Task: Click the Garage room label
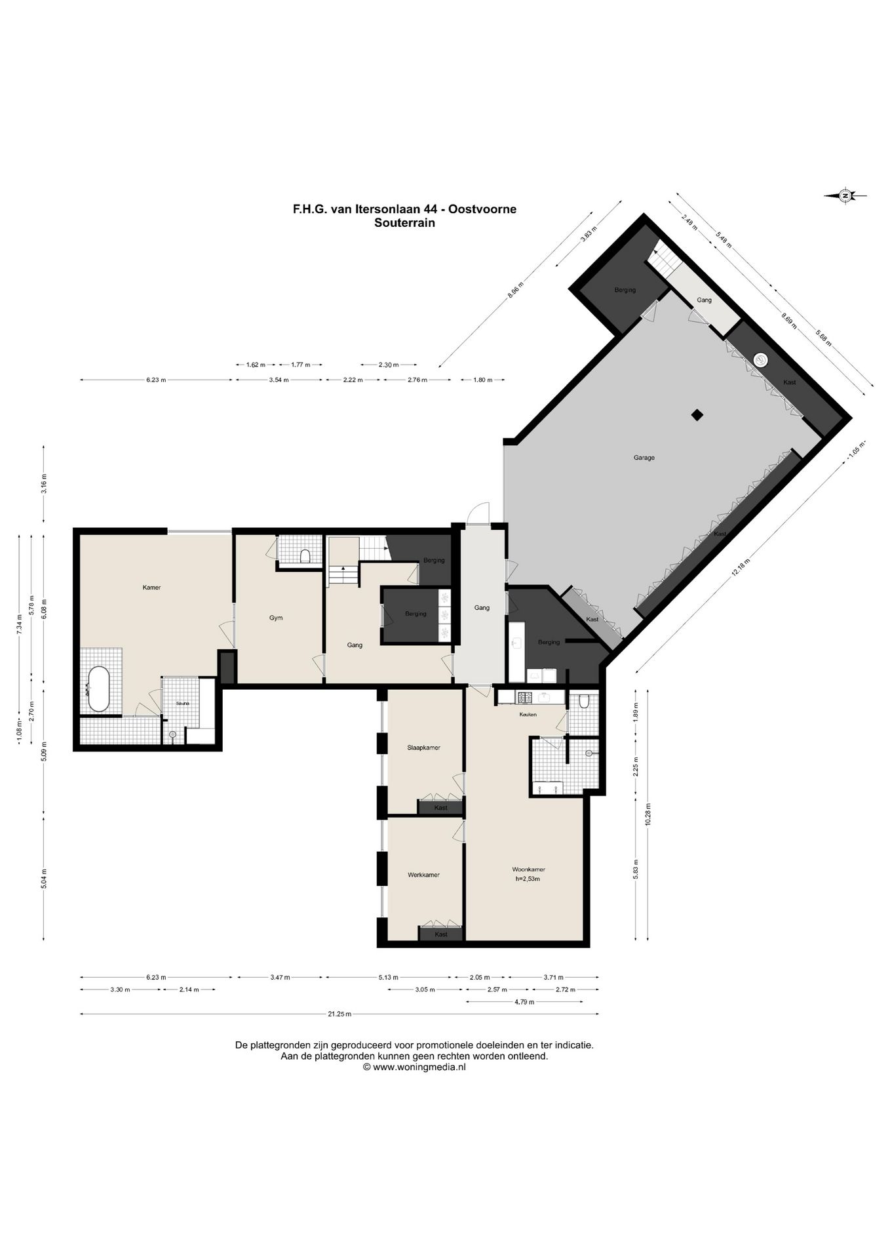click(644, 458)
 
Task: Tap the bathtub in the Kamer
click(99, 689)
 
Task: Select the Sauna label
click(183, 704)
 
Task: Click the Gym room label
click(276, 618)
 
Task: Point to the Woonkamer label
click(529, 869)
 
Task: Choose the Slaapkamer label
click(423, 748)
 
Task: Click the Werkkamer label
click(423, 875)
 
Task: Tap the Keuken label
click(528, 714)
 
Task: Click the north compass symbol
click(845, 195)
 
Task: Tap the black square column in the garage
click(697, 414)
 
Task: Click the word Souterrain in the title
click(404, 222)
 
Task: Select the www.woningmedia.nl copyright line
click(414, 1067)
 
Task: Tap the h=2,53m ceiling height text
click(528, 879)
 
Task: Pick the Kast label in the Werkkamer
click(441, 934)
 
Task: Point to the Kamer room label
click(151, 588)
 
